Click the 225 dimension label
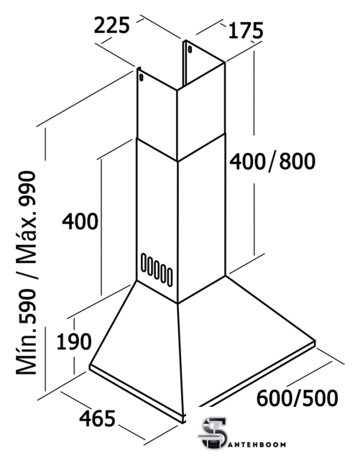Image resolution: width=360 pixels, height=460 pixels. tap(112, 26)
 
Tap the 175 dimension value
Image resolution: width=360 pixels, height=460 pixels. tap(246, 30)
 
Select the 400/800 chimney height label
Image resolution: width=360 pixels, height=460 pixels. tap(272, 161)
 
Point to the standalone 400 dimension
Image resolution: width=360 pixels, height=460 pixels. tap(80, 221)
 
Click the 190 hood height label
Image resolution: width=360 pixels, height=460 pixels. tap(73, 342)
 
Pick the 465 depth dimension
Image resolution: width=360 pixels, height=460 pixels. tap(98, 419)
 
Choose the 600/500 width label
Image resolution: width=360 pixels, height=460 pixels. tap(297, 398)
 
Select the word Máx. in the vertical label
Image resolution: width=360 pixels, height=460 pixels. tap(27, 237)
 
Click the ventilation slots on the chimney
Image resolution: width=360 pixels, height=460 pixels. tap(157, 270)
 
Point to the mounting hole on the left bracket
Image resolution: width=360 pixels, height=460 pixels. tap(142, 78)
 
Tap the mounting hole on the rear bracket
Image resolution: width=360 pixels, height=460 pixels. tap(190, 49)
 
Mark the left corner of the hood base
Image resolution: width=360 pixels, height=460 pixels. tap(90, 367)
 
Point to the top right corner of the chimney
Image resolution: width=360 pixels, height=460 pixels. tap(225, 63)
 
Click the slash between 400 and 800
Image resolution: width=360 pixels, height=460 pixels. tap(272, 161)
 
